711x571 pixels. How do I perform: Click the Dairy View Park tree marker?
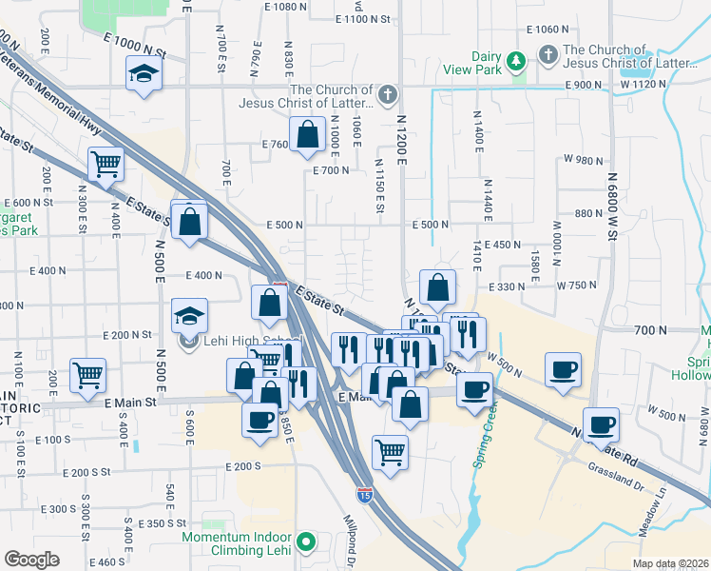[x=517, y=61]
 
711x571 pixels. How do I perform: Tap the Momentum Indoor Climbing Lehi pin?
[x=305, y=543]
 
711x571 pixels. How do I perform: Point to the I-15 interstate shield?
[x=364, y=494]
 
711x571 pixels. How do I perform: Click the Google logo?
[x=31, y=560]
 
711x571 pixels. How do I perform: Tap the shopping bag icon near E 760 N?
[x=308, y=136]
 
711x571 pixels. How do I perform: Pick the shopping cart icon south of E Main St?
[x=390, y=453]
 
